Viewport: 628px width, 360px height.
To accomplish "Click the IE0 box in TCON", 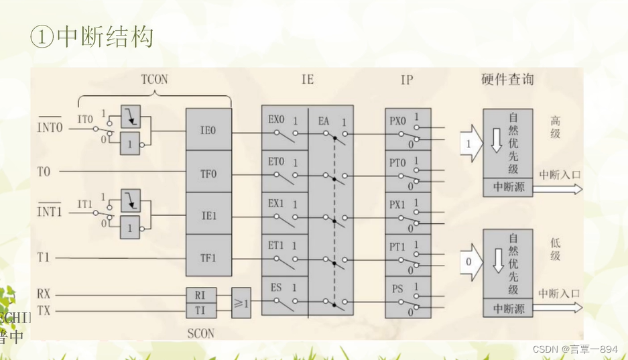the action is coord(208,130).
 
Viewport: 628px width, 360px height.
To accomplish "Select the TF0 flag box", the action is coord(208,172).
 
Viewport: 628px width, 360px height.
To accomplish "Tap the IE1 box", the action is coord(208,215).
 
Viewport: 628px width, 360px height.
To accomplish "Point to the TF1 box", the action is coord(208,257).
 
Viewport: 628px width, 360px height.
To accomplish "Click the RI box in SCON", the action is coord(200,294).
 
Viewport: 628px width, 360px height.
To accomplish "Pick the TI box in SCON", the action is coord(200,310).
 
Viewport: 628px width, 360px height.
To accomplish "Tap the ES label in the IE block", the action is coord(275,288).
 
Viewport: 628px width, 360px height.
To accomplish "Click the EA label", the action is coord(324,121).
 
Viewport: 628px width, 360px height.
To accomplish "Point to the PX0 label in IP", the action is coord(398,121).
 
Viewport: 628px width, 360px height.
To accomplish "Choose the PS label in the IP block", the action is coord(397,289).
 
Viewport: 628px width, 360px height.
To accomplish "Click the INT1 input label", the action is coord(50,213).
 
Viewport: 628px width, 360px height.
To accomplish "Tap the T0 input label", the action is coord(44,172).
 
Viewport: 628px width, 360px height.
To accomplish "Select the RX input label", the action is coord(44,294).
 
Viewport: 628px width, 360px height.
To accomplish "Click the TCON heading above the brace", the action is coord(154,80).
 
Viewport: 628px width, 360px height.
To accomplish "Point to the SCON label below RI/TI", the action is coord(200,333).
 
